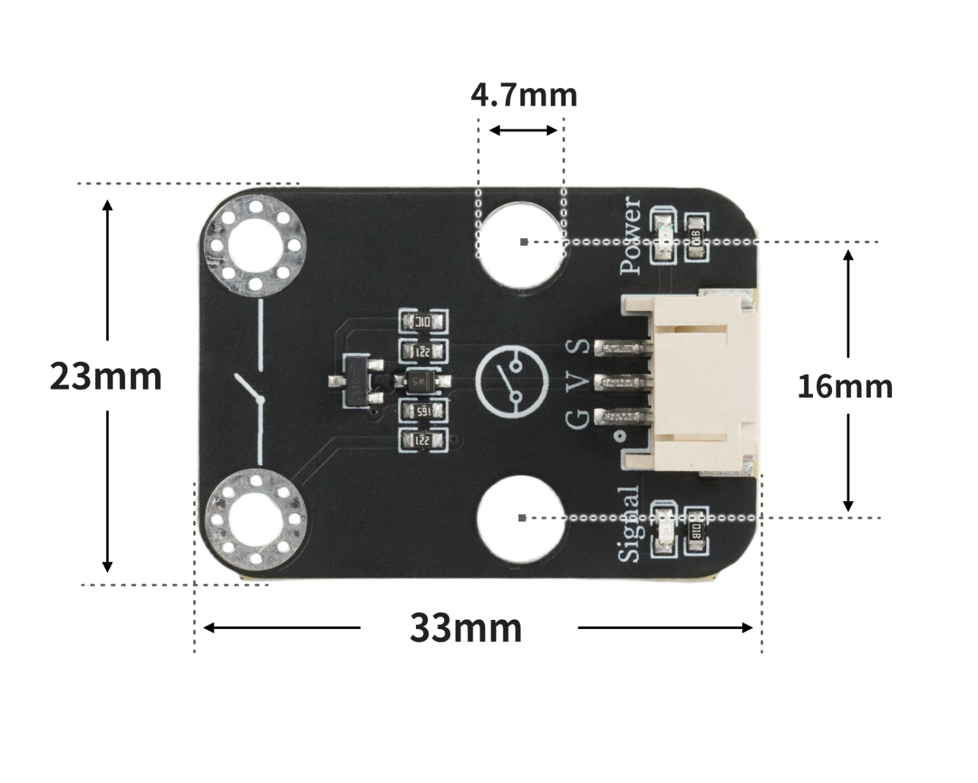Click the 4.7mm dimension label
pos(524,95)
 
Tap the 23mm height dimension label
pos(106,377)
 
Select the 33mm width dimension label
pos(466,628)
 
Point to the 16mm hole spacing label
pos(845,387)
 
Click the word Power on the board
pos(631,236)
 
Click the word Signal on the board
pos(629,524)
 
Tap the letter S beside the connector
pos(578,346)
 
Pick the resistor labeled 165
pos(423,411)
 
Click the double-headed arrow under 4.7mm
pos(523,130)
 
